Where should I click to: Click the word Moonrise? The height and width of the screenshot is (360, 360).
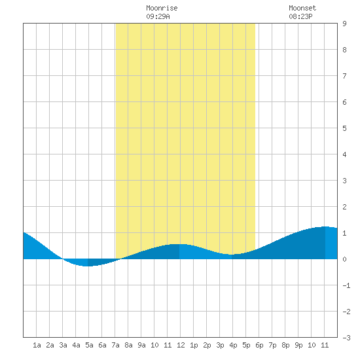pos(162,8)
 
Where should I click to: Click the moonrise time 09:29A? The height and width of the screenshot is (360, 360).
pos(158,16)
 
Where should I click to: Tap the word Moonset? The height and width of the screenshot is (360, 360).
pos(302,8)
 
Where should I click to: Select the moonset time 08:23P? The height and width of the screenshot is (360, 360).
pos(300,16)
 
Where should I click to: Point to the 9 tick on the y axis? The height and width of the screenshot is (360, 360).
pos(344,24)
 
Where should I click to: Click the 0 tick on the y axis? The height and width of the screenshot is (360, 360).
pos(344,259)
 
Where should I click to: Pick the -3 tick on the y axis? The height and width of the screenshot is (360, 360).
pos(346,338)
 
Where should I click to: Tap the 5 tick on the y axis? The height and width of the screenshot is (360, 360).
pos(344,128)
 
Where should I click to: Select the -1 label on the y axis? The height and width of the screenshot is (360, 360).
pos(346,285)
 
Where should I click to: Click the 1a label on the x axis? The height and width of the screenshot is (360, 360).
pos(37,345)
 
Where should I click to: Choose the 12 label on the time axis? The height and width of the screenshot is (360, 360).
pos(181,345)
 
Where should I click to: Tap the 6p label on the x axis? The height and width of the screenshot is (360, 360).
pos(259,345)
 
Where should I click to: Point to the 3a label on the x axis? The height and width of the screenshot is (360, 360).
pos(63,345)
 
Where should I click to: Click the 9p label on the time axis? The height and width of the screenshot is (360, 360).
pos(298,345)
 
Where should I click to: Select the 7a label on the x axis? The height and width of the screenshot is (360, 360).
pos(115,345)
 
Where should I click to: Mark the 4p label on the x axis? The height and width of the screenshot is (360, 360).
pos(233,345)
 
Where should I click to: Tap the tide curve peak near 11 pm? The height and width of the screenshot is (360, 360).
pos(325,226)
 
